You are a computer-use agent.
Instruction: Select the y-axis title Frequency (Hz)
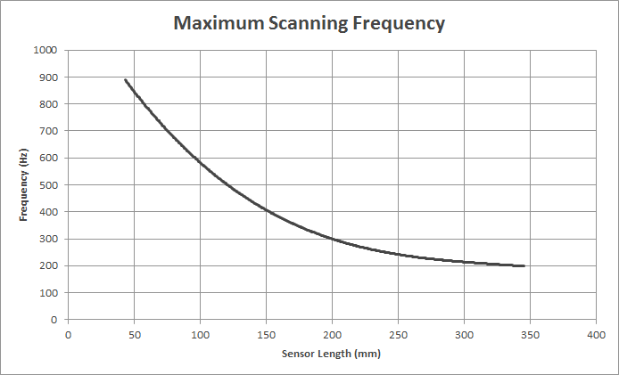(24, 185)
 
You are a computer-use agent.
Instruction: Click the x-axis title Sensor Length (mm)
(332, 354)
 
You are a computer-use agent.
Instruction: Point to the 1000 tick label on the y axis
(45, 51)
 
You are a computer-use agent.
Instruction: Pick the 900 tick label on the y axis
(48, 77)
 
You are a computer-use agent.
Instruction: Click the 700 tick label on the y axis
(48, 131)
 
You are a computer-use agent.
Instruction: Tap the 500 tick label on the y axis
(48, 185)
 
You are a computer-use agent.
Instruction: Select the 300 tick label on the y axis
(48, 239)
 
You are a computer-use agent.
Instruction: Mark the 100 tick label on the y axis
(48, 292)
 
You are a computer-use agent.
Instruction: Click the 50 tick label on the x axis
(134, 334)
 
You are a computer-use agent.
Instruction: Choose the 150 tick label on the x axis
(266, 334)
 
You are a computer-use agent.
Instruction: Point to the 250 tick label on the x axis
(398, 334)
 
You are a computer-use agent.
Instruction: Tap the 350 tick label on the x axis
(530, 334)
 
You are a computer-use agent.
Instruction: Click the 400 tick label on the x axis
(596, 334)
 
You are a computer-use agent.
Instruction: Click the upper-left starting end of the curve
(126, 80)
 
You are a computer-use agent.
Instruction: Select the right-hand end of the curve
(524, 265)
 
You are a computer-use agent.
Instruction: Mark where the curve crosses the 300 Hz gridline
(332, 239)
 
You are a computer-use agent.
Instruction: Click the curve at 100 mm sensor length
(200, 163)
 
